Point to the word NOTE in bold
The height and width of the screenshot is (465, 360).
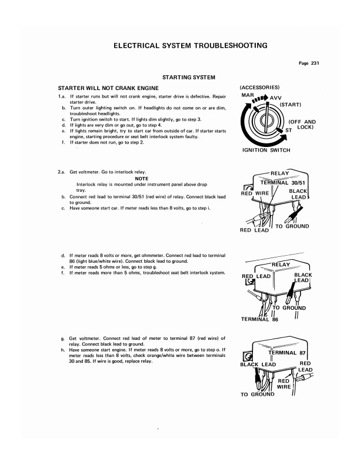(x=141, y=178)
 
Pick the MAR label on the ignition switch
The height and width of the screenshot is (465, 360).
(x=248, y=95)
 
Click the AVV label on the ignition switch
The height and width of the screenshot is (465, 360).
(x=276, y=98)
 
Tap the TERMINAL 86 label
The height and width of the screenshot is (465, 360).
(x=261, y=319)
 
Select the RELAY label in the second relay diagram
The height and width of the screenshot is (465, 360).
(x=281, y=265)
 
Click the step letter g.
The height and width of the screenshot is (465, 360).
(x=62, y=339)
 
